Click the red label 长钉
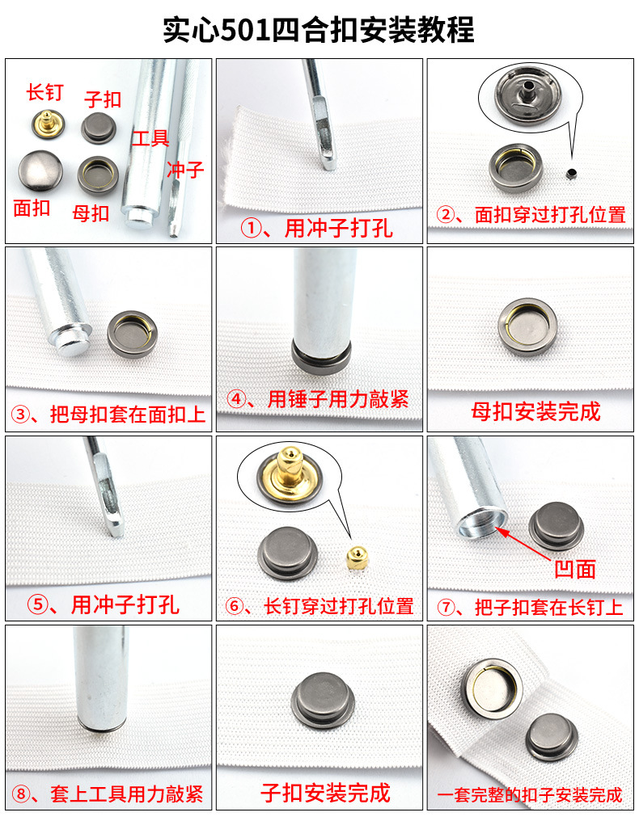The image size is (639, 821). [x=44, y=93]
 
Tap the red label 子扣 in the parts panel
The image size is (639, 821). [x=103, y=99]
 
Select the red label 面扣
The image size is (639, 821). [x=32, y=208]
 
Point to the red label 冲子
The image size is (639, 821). [x=185, y=170]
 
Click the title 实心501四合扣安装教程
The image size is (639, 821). [x=319, y=30]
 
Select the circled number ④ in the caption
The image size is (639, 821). [x=237, y=399]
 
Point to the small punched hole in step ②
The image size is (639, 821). [x=572, y=171]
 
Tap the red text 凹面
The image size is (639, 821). [x=575, y=569]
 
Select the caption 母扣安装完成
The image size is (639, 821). [x=535, y=412]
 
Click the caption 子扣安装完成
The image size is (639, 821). [x=325, y=793]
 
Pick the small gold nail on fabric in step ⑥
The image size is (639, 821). [x=353, y=557]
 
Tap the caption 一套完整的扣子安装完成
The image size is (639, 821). [x=531, y=795]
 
